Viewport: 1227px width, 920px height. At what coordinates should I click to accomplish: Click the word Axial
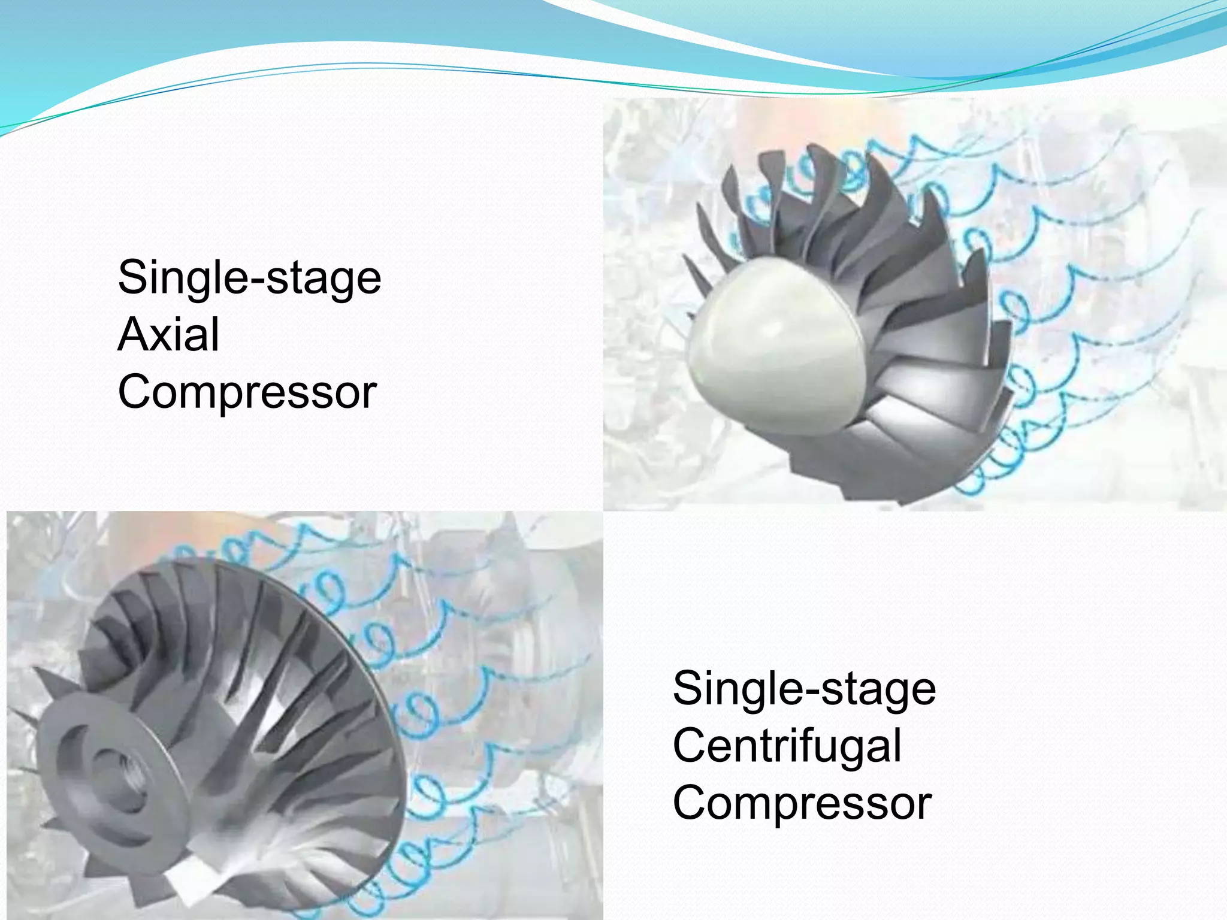tap(168, 334)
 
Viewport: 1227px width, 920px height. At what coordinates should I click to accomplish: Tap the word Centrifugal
tap(787, 746)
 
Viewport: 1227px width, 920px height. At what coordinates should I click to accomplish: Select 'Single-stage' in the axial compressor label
tap(249, 278)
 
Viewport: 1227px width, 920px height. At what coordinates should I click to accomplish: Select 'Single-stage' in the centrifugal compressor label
tap(804, 689)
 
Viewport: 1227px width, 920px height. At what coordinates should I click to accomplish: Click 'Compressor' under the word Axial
tap(247, 392)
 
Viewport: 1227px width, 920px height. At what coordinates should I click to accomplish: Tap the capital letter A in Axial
tap(134, 334)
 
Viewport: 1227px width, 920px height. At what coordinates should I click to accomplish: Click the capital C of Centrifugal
tap(690, 746)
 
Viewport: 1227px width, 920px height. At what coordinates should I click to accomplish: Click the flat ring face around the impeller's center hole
tap(72, 779)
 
